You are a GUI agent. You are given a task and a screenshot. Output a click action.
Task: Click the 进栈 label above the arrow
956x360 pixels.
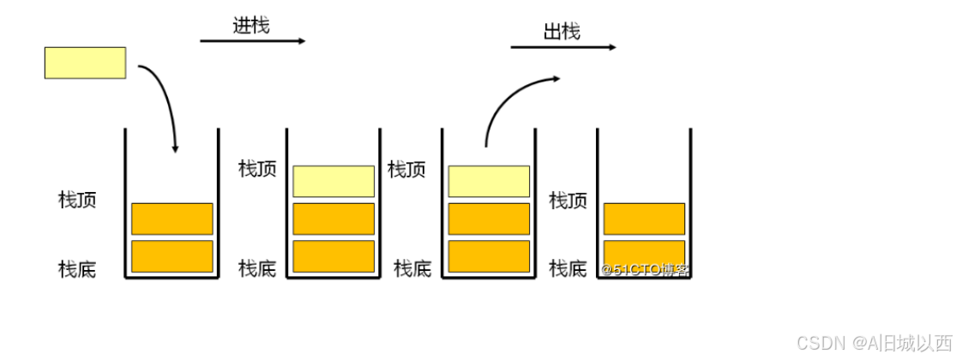click(251, 26)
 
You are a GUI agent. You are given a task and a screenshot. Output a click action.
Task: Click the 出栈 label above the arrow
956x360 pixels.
click(562, 32)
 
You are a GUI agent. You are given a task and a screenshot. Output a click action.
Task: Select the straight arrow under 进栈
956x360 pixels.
click(252, 41)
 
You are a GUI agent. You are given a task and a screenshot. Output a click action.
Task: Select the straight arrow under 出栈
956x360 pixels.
click(562, 47)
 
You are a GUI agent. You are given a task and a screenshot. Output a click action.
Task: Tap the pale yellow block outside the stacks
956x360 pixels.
click(85, 63)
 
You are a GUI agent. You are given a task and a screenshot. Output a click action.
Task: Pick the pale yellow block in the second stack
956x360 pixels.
click(334, 181)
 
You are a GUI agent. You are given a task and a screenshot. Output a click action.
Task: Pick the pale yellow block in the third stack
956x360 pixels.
click(489, 181)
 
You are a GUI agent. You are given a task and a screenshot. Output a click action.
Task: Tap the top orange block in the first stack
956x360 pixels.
click(171, 219)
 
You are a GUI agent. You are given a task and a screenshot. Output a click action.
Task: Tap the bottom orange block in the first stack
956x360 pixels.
click(171, 256)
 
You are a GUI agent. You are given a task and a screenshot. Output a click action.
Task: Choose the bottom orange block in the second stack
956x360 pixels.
click(334, 256)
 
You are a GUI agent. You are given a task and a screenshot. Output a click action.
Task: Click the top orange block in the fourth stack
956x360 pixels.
click(644, 219)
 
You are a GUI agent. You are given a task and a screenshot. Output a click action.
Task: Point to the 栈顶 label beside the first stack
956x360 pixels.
click(77, 201)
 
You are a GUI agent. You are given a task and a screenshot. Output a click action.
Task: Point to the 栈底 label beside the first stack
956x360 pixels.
click(77, 270)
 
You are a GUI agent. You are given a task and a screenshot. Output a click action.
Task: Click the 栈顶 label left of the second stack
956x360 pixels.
click(257, 168)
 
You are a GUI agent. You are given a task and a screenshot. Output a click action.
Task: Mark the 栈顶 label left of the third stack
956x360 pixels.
click(406, 169)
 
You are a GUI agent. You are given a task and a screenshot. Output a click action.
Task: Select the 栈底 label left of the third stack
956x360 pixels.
click(412, 269)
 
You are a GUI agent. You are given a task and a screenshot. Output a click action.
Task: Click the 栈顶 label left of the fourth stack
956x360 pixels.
click(568, 201)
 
